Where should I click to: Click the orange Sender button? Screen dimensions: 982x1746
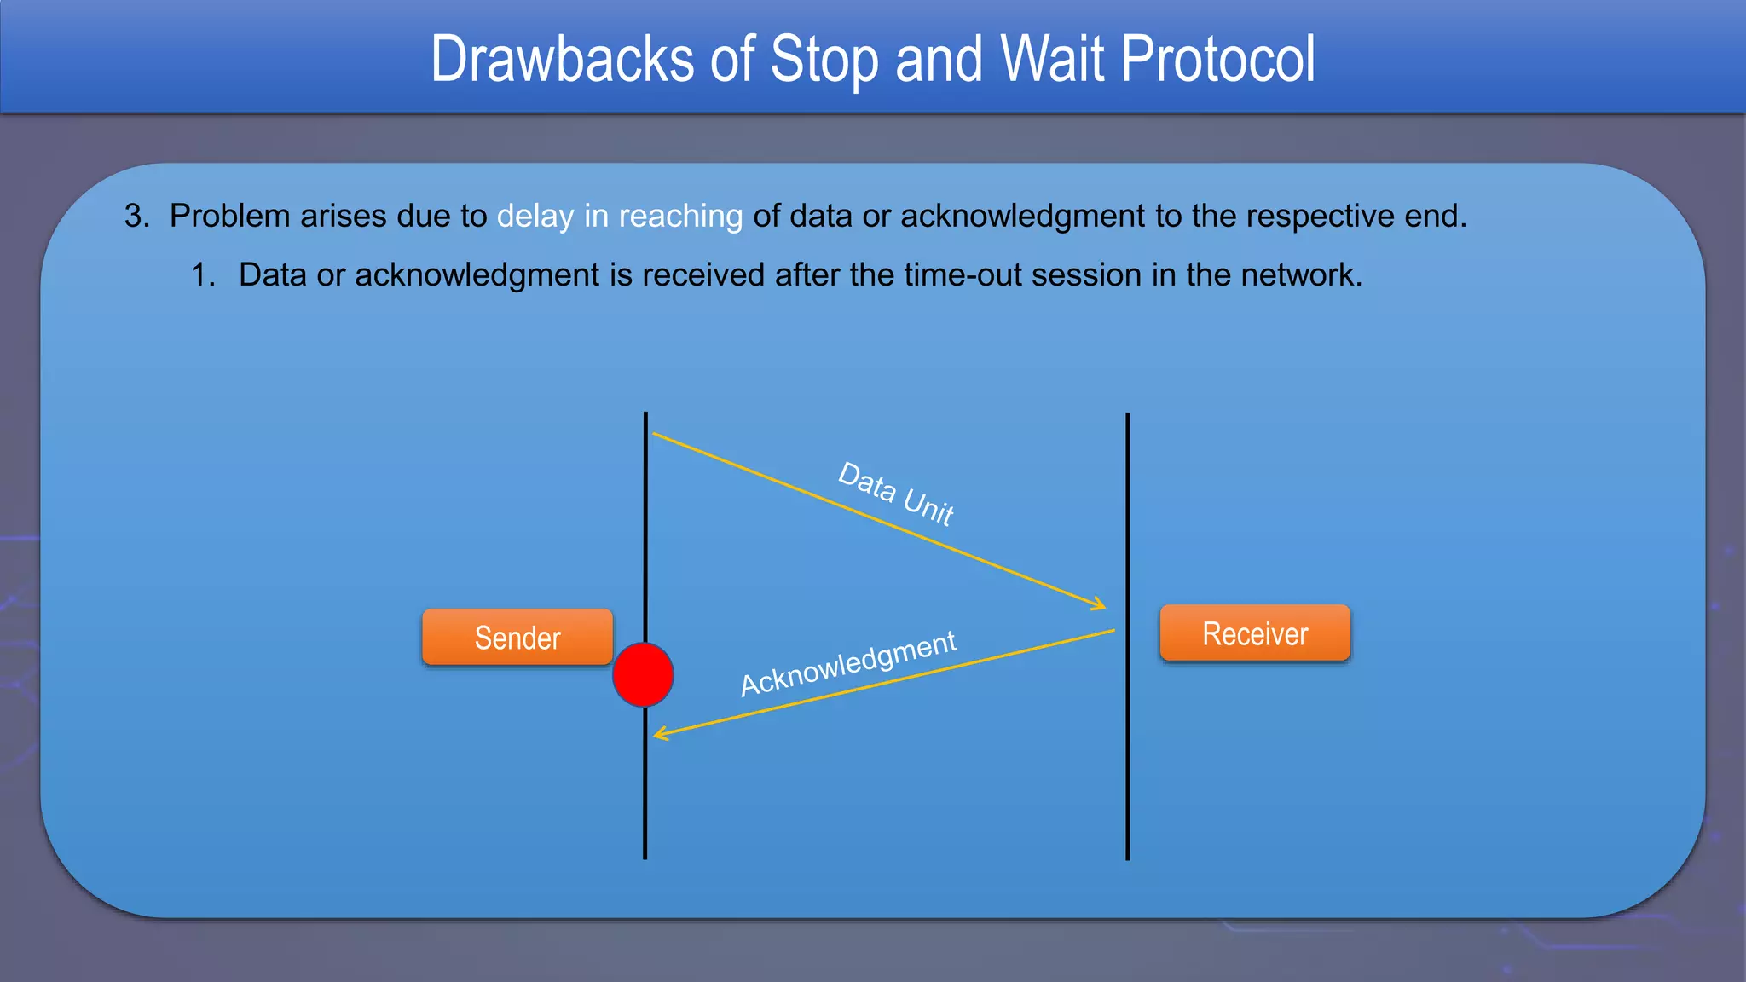pos(517,638)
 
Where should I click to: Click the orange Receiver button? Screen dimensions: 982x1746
pos(1255,633)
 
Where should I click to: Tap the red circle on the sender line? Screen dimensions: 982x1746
pos(644,675)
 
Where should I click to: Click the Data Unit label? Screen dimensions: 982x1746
pos(895,494)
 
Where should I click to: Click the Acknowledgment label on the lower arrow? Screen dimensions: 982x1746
pos(848,664)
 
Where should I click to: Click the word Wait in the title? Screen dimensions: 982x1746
pos(1052,60)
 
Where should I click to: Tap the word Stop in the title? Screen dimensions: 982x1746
pos(824,60)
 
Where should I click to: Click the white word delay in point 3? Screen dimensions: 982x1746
pos(535,217)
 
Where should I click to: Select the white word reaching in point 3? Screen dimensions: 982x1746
pos(680,217)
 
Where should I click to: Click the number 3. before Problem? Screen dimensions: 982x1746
pos(136,217)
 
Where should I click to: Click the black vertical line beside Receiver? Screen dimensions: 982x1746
pos(1127,767)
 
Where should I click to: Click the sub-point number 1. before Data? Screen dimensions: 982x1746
pos(203,275)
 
